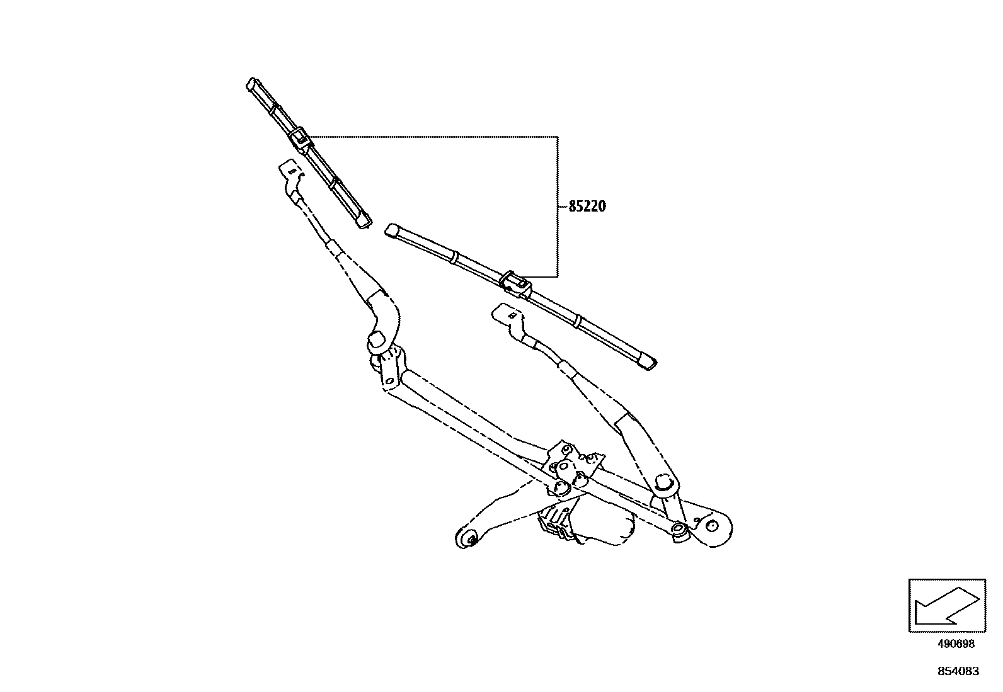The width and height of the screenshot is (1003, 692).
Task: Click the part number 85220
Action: (588, 207)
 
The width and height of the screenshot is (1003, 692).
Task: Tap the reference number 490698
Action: (956, 644)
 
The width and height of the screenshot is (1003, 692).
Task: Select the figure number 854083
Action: (958, 671)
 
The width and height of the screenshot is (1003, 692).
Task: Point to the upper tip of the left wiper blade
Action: (252, 84)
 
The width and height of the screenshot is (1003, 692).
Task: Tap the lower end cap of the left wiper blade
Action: (364, 220)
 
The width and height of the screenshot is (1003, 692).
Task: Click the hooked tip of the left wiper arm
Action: (289, 169)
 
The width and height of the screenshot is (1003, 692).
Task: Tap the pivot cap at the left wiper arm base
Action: (377, 340)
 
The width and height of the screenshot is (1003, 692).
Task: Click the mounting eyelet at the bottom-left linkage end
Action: (468, 538)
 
